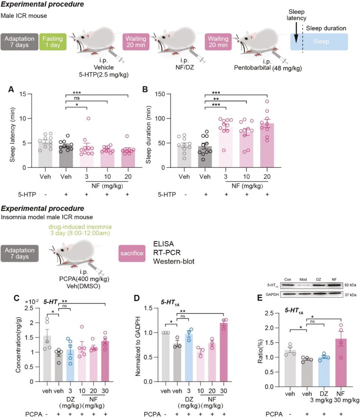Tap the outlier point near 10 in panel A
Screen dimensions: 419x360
pos(88,118)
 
